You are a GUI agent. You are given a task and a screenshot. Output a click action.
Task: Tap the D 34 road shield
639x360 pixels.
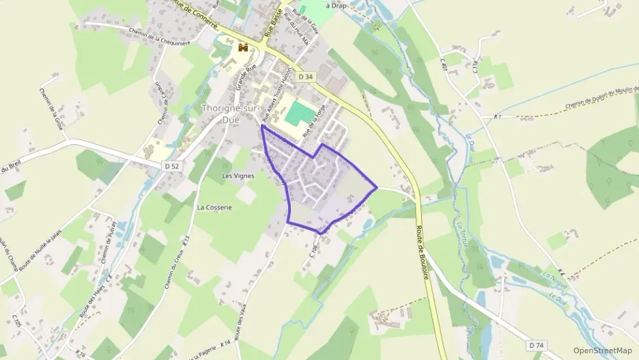click(305, 78)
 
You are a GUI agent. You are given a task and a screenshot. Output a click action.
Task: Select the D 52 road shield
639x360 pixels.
click(171, 166)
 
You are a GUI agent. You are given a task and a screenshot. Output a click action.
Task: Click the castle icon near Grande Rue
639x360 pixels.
click(242, 48)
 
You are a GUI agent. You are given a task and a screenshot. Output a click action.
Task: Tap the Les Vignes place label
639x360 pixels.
click(238, 176)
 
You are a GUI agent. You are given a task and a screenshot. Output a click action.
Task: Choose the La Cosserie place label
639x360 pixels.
click(214, 207)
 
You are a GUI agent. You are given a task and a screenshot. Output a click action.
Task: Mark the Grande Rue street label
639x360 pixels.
click(240, 78)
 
